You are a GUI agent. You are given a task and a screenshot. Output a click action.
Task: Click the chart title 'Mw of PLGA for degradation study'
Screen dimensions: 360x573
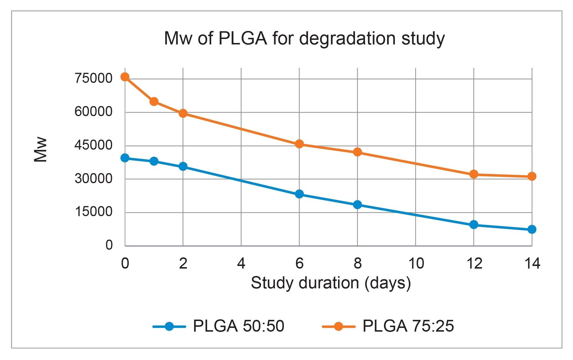click(x=304, y=38)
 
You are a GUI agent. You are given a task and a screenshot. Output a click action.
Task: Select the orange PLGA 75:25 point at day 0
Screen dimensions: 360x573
click(x=125, y=77)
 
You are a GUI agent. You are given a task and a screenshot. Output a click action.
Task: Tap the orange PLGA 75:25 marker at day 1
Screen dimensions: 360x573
click(x=154, y=101)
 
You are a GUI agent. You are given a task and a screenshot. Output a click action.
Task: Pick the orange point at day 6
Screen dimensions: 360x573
click(x=299, y=144)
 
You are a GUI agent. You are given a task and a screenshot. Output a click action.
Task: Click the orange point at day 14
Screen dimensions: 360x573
click(x=532, y=176)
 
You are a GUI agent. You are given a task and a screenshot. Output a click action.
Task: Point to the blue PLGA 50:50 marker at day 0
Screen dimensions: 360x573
click(x=125, y=158)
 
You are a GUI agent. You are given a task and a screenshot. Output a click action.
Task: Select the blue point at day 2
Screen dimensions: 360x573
click(x=183, y=167)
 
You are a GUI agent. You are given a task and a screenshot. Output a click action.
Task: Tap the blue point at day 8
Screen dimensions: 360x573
click(x=357, y=205)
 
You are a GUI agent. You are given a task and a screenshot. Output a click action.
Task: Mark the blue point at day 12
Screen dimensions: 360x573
click(x=474, y=224)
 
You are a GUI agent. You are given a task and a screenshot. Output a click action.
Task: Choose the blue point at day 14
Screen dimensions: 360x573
click(x=532, y=229)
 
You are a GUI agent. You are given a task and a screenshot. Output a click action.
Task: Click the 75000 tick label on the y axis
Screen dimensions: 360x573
click(x=93, y=78)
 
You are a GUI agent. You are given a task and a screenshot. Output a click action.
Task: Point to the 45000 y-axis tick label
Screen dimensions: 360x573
click(x=93, y=145)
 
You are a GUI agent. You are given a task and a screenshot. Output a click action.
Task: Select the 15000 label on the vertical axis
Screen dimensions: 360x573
click(x=93, y=212)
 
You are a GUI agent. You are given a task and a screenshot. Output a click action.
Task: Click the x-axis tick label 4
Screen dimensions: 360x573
click(x=241, y=263)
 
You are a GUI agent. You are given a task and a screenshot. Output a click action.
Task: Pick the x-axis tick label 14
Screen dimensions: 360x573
click(x=532, y=263)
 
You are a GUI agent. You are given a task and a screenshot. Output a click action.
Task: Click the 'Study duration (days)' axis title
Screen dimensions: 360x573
click(x=331, y=283)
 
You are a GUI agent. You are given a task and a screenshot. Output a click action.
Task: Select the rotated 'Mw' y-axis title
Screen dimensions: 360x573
click(x=40, y=150)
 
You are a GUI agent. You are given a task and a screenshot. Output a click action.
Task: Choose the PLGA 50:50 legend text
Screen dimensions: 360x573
click(x=238, y=326)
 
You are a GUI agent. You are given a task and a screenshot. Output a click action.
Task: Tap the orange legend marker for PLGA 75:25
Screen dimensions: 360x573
click(x=339, y=326)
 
